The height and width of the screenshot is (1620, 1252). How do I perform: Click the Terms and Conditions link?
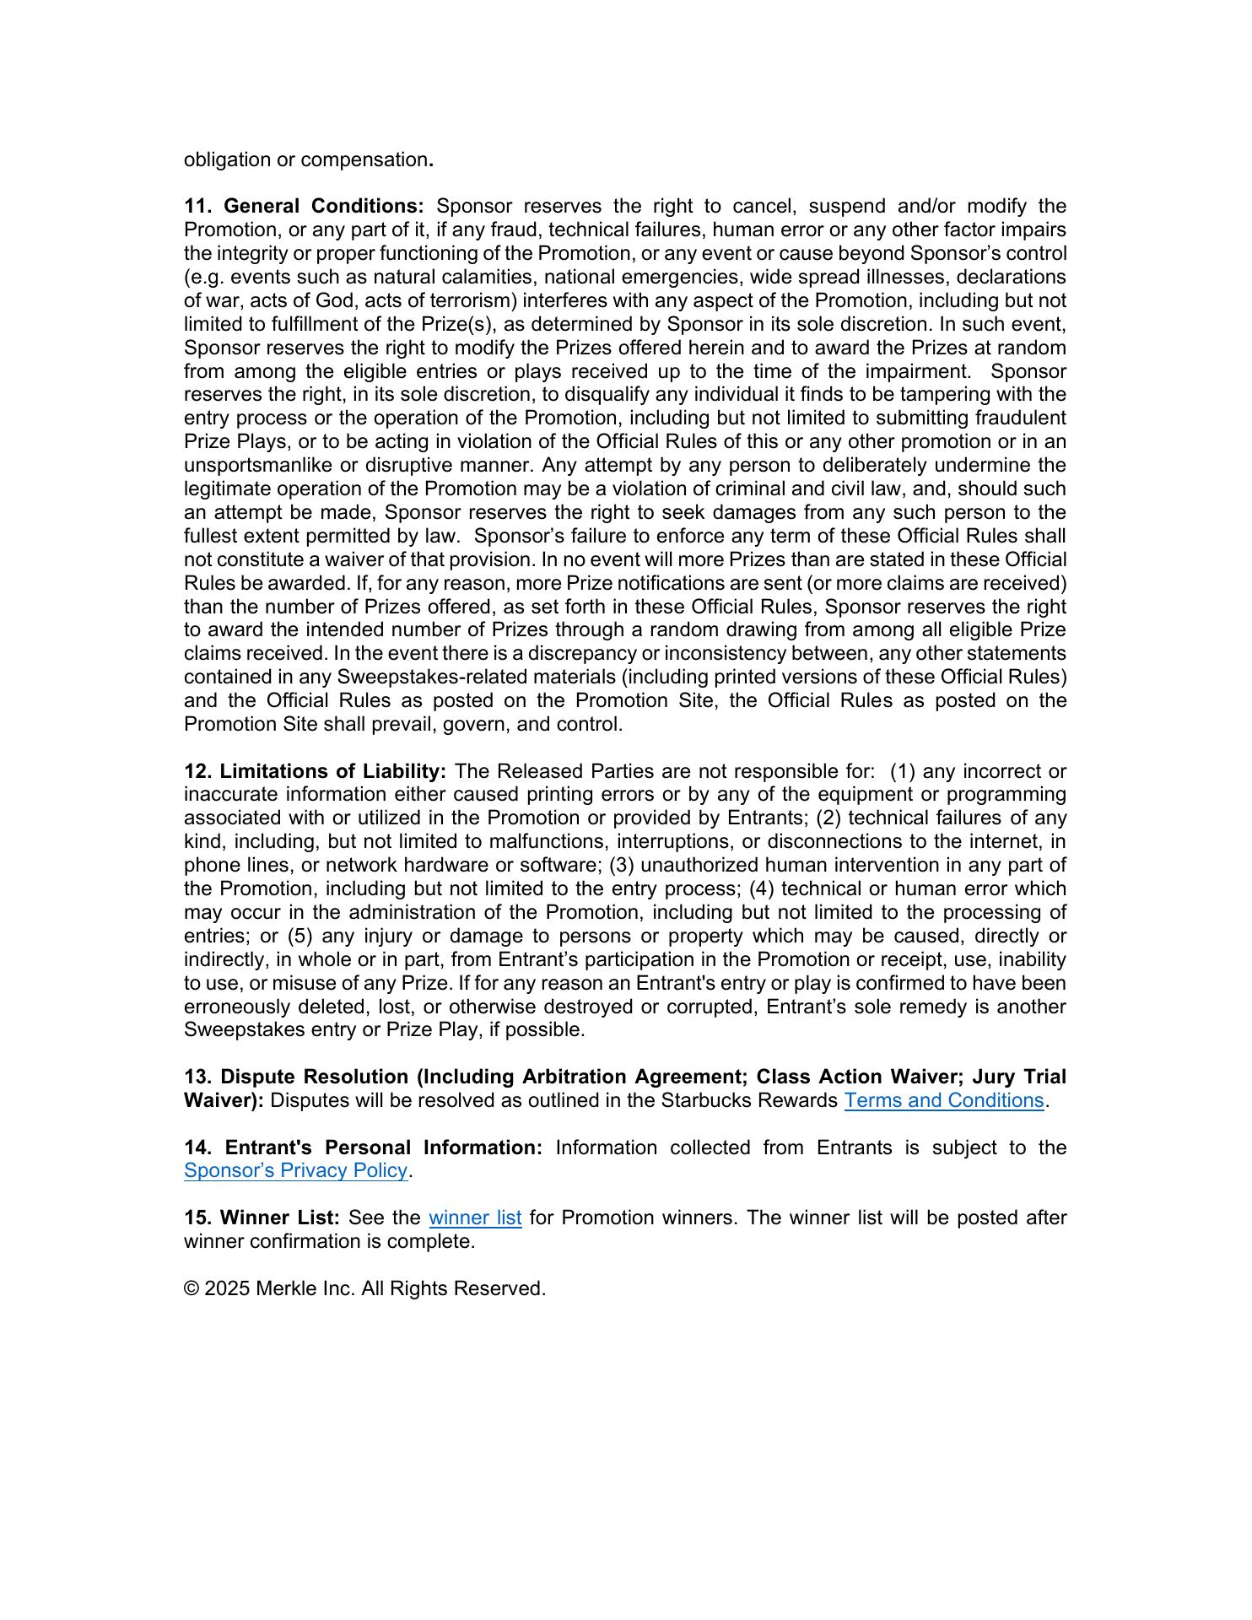click(x=943, y=1100)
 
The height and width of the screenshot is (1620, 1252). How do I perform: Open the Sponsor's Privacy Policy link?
click(x=295, y=1170)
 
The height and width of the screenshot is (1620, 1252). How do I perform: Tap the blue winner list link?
click(x=475, y=1218)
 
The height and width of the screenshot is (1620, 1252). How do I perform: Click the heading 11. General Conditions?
click(x=304, y=207)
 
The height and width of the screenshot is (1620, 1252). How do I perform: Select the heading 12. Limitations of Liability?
click(x=315, y=771)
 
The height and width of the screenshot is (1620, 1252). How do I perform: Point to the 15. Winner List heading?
click(x=262, y=1218)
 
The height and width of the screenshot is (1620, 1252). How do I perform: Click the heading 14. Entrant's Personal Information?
click(x=363, y=1147)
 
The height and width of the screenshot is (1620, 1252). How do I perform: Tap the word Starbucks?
click(x=705, y=1100)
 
